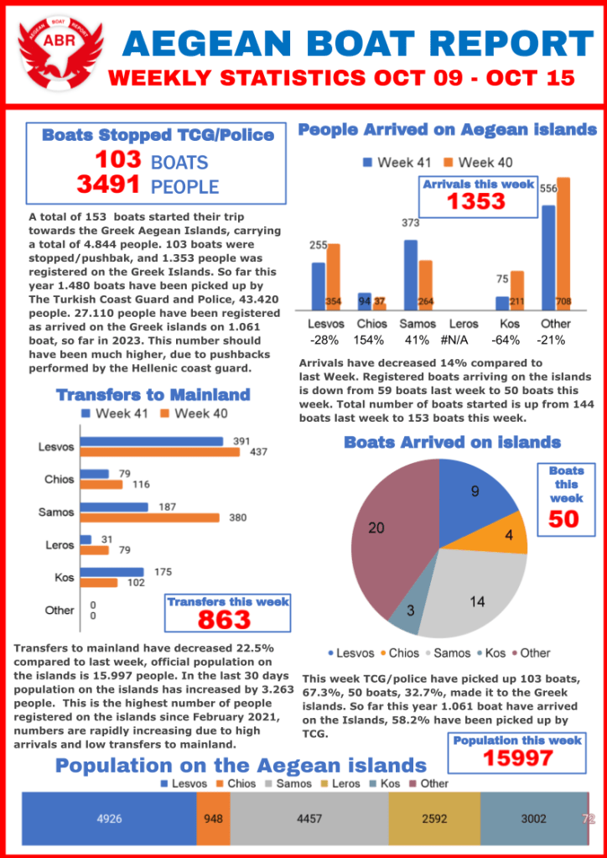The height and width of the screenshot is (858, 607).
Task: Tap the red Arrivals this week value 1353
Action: coord(475,201)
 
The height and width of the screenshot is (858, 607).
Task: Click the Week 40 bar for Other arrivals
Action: coord(563,243)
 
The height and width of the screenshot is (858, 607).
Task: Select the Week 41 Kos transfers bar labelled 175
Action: coord(112,572)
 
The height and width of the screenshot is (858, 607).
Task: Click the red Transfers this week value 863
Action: coord(224,619)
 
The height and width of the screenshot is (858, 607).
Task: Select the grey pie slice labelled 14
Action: coord(470,595)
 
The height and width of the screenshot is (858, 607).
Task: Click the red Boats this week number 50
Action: coord(563,518)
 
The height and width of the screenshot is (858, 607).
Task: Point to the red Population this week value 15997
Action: coord(517,757)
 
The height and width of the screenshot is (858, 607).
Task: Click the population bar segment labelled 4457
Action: coord(309,819)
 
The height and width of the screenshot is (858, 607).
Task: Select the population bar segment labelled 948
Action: coord(213,819)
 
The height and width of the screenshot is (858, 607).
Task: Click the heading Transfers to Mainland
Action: coord(153,394)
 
